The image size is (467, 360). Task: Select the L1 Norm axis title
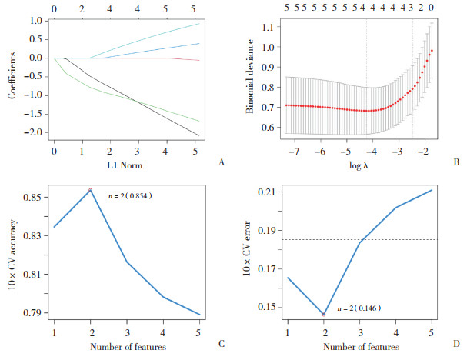(x=124, y=163)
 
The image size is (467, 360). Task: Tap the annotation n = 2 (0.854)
(x=125, y=196)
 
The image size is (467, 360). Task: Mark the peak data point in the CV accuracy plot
(x=91, y=190)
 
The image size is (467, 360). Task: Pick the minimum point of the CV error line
(x=324, y=314)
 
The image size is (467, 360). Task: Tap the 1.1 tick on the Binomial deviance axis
(x=269, y=27)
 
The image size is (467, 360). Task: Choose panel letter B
(x=458, y=162)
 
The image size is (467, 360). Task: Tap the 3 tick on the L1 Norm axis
(x=137, y=152)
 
